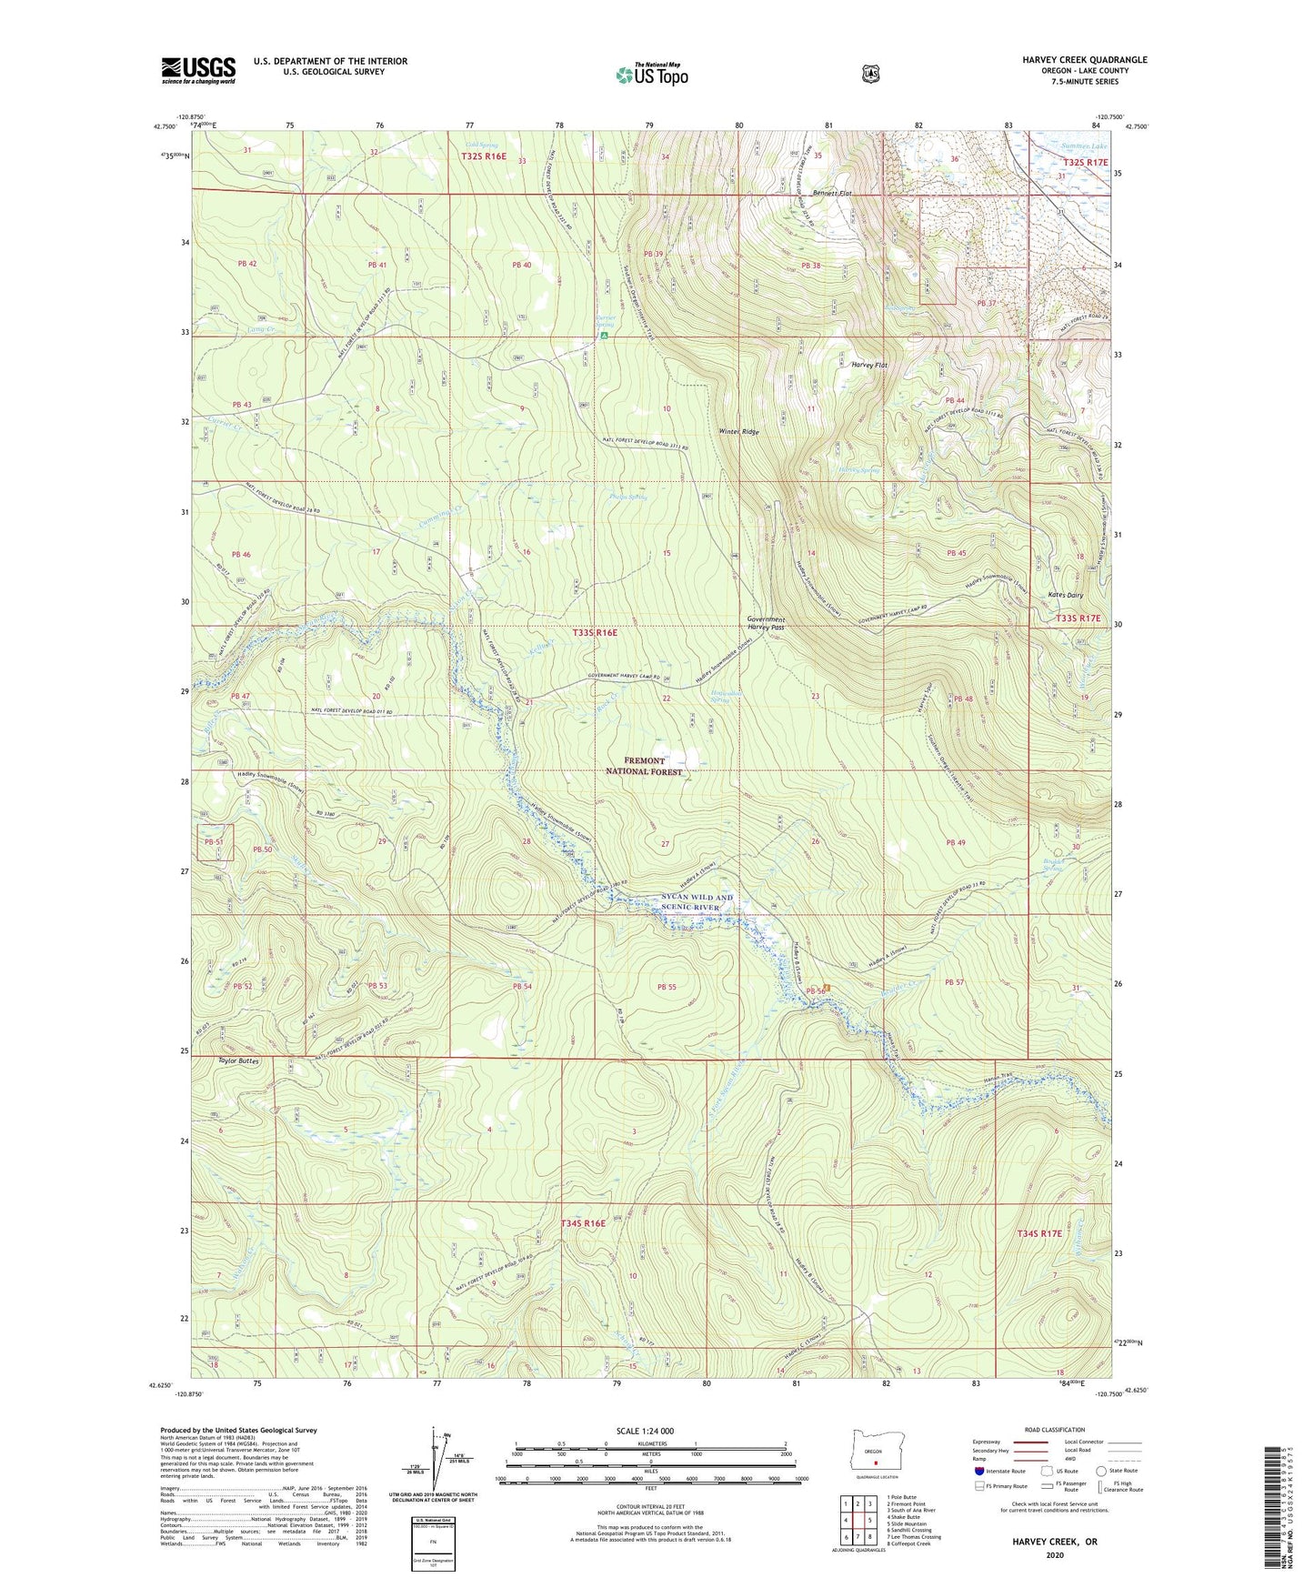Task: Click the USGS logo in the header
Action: pos(198,70)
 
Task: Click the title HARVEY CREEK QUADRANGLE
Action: pos(1084,60)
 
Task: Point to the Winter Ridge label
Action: pos(738,432)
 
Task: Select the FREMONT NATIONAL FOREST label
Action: pos(644,766)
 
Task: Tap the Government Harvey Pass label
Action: pos(766,624)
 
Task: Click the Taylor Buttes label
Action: pos(239,1061)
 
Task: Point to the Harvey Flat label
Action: pos(869,365)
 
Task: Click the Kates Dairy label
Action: pos(1063,595)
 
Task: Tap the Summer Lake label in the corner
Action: pos(1084,146)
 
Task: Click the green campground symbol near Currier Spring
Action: pos(605,336)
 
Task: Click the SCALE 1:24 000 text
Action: pos(645,1432)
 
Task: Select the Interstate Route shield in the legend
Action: pos(978,1471)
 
